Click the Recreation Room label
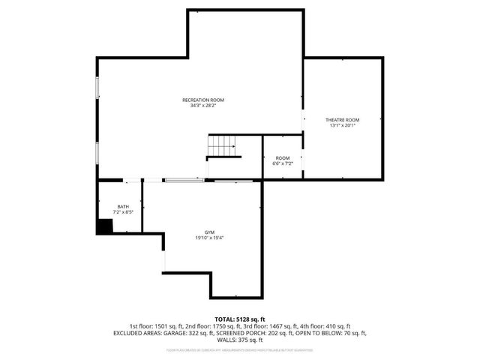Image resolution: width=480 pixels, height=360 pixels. coord(202,100)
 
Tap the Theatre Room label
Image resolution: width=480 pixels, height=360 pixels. coord(342,120)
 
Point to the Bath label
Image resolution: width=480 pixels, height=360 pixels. coord(123,206)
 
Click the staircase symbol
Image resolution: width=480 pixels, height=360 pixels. coord(223,145)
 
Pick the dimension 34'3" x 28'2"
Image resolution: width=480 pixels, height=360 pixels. coord(202,106)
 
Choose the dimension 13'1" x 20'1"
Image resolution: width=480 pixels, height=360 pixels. coord(342,126)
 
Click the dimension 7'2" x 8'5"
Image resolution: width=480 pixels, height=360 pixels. coord(123,212)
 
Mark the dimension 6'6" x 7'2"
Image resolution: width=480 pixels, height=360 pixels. coord(282,163)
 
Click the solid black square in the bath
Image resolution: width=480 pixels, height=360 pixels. coord(103,227)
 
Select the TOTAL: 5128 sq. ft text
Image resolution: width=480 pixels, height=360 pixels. coord(240,319)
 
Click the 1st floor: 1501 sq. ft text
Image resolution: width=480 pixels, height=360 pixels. coord(156,326)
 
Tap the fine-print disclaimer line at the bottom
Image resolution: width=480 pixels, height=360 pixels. coord(240,349)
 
